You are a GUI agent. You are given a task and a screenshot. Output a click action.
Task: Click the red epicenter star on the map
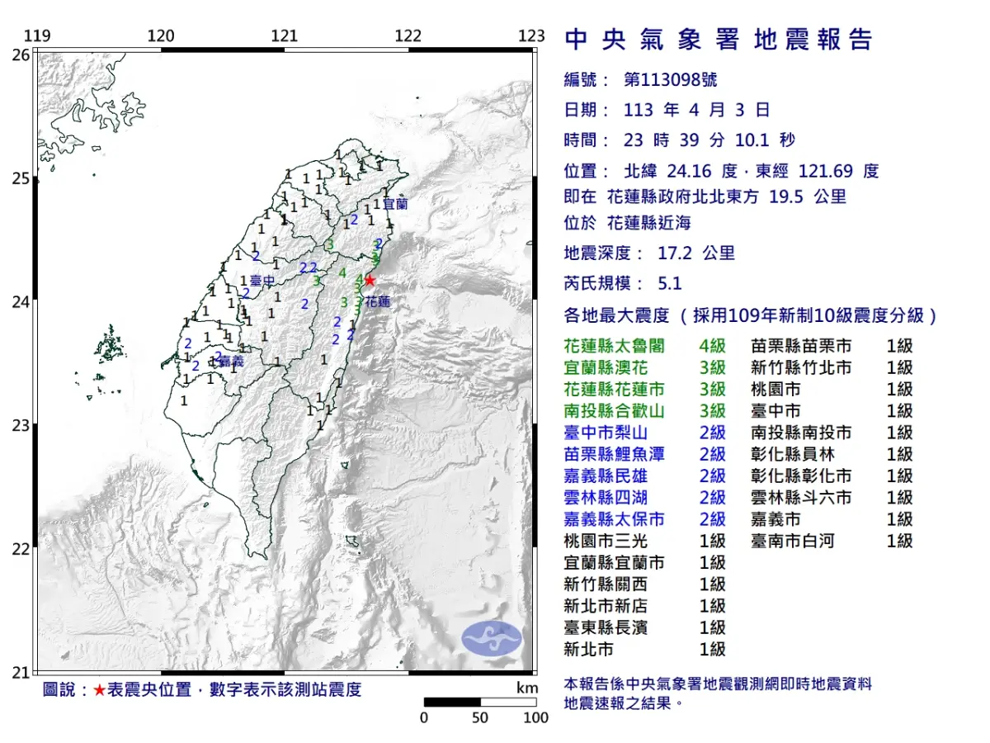coord(370,280)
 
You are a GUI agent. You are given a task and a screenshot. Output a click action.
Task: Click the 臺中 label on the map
coord(262,281)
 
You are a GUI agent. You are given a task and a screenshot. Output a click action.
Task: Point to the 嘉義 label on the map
coord(231,362)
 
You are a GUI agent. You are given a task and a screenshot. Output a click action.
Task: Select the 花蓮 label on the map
coord(377,303)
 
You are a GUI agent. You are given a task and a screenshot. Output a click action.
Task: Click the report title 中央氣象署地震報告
coord(718,40)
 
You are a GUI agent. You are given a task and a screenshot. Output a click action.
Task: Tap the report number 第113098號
coord(671,80)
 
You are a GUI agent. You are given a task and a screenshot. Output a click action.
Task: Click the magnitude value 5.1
coord(670,283)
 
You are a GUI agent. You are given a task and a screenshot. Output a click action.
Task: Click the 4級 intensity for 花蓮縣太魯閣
coord(712,346)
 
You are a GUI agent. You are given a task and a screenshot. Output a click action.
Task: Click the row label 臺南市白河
coord(793,541)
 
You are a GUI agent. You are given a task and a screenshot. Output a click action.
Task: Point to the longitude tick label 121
coord(284,35)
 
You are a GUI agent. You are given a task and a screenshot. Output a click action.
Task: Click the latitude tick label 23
coord(20,425)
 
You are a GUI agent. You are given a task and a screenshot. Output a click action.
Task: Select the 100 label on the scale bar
coord(535,717)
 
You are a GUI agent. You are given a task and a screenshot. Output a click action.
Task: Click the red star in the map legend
coord(99,689)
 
